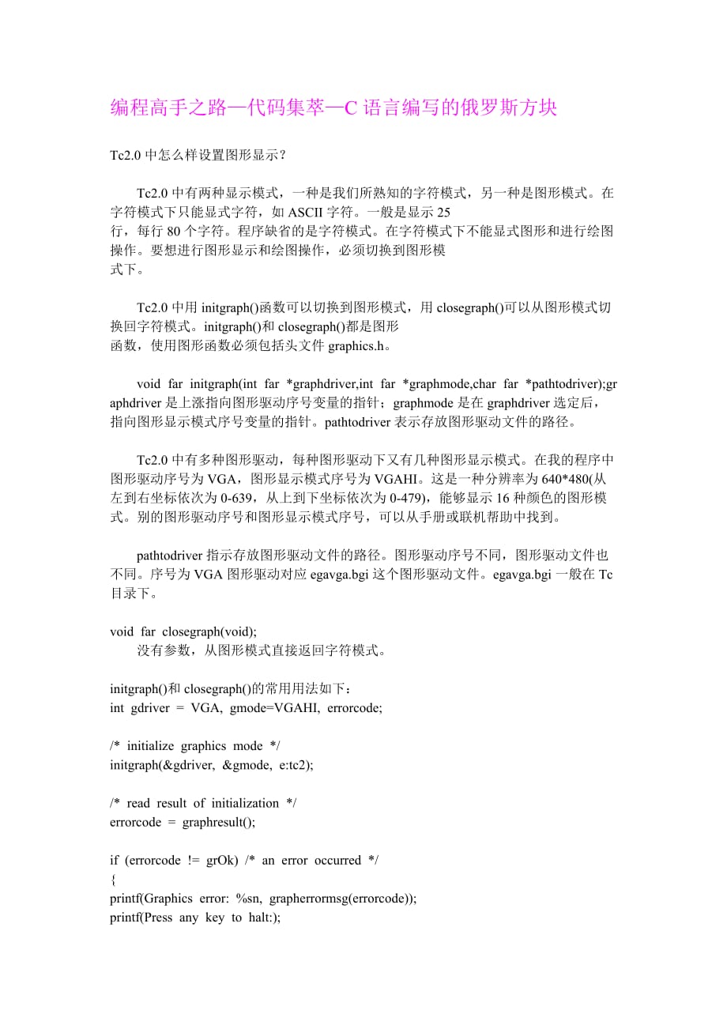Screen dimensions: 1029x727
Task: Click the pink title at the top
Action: [x=333, y=108]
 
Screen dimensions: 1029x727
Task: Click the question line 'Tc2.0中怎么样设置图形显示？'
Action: [x=198, y=155]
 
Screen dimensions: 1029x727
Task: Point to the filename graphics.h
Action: [x=356, y=345]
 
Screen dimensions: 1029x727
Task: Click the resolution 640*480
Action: [x=570, y=479]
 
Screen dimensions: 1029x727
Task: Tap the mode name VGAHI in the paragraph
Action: [x=402, y=479]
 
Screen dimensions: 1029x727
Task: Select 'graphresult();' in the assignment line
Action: [x=219, y=822]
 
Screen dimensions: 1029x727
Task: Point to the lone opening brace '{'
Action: [x=113, y=880]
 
